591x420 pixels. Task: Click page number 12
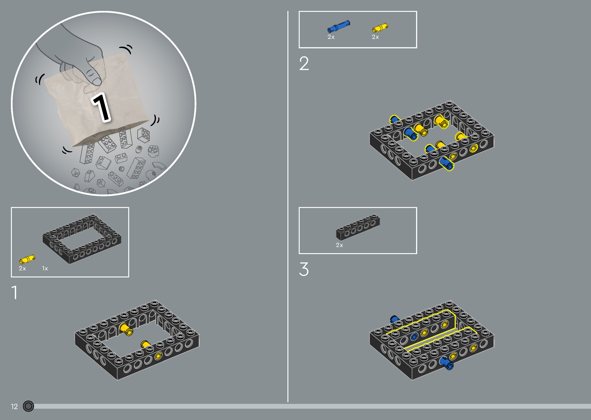coord(14,406)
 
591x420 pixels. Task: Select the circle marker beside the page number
coord(29,406)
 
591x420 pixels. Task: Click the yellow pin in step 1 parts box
coord(27,259)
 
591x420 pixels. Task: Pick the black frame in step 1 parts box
coord(82,238)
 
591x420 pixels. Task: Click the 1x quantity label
coord(45,269)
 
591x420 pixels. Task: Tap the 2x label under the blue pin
coord(331,37)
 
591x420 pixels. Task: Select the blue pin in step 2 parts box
coord(338,26)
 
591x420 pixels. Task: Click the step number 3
coord(304,269)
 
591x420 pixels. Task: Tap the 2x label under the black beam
coord(339,245)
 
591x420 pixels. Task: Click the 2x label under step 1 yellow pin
coord(22,269)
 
